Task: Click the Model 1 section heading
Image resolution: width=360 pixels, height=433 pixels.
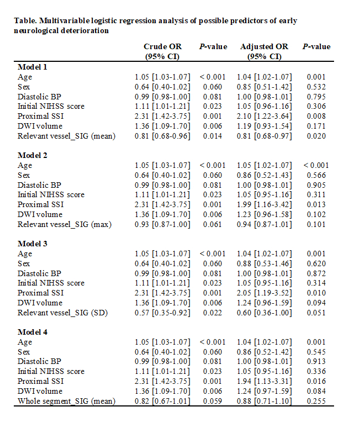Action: [32, 67]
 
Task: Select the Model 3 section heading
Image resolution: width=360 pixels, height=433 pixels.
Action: [32, 244]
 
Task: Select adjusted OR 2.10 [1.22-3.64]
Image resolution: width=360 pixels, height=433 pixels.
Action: [264, 116]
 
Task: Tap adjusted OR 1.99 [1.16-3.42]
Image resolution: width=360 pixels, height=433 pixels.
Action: [264, 204]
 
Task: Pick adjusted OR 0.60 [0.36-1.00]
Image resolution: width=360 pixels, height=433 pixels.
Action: [264, 313]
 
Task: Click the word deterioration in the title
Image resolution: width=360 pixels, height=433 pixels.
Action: [84, 30]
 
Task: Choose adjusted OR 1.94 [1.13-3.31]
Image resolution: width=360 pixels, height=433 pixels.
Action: [264, 381]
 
